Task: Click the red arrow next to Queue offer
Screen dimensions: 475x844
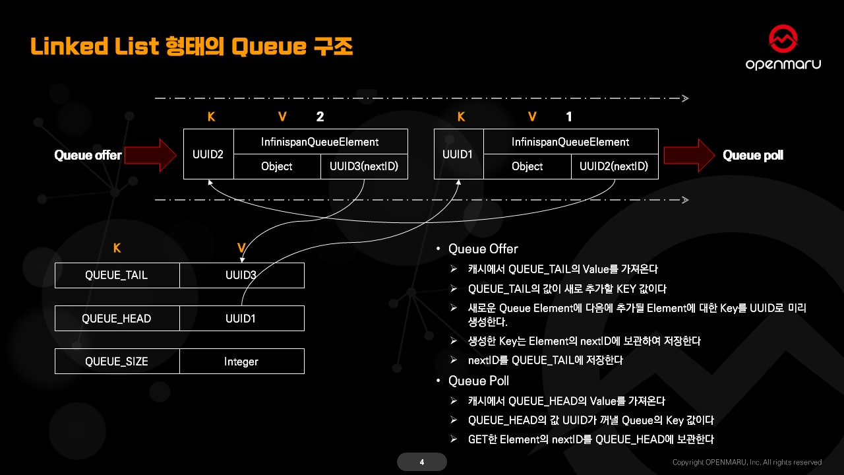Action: [x=151, y=155]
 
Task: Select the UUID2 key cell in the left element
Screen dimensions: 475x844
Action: [x=208, y=154]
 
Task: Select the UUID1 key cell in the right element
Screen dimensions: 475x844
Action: [x=459, y=154]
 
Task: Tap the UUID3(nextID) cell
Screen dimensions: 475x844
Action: [x=364, y=166]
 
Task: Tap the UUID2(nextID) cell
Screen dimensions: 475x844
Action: [x=614, y=166]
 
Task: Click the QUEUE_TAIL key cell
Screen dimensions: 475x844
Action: [x=117, y=275]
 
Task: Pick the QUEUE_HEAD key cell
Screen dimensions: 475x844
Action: [x=117, y=318]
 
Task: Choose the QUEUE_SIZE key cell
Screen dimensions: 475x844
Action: [x=117, y=361]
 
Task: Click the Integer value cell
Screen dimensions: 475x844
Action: [x=241, y=361]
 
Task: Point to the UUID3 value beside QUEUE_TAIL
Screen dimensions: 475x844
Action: [x=241, y=275]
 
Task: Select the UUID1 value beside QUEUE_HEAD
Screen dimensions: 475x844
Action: [x=241, y=318]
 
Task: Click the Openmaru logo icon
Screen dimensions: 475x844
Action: [x=783, y=40]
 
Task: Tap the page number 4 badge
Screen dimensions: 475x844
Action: [x=422, y=462]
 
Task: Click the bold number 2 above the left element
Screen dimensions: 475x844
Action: [x=320, y=117]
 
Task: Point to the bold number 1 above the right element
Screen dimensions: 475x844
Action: [x=570, y=117]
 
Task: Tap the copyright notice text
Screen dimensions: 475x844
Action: [x=747, y=462]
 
